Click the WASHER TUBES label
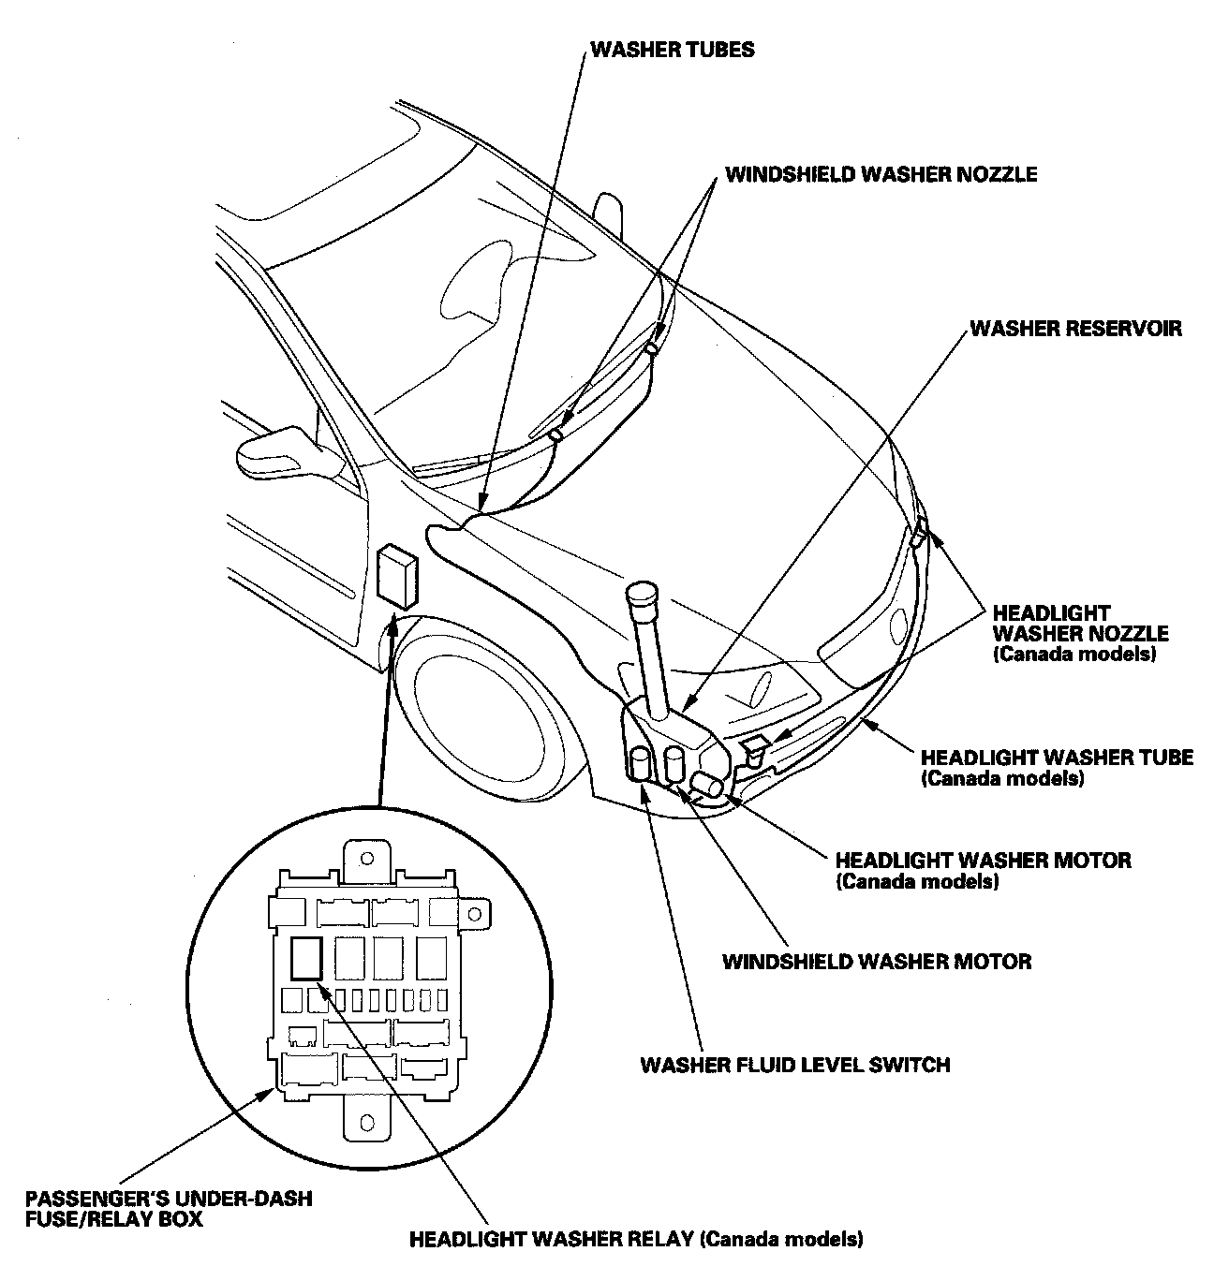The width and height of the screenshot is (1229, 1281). click(672, 50)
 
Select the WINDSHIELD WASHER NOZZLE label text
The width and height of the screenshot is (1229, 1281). click(881, 174)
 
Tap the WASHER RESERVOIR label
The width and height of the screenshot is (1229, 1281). click(1075, 329)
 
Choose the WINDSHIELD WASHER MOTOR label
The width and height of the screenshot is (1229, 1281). click(877, 962)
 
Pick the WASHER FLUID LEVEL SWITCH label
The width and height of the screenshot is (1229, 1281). click(794, 1065)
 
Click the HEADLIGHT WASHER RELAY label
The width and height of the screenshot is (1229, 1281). click(636, 1240)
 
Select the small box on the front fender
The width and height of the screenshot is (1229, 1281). click(397, 579)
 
